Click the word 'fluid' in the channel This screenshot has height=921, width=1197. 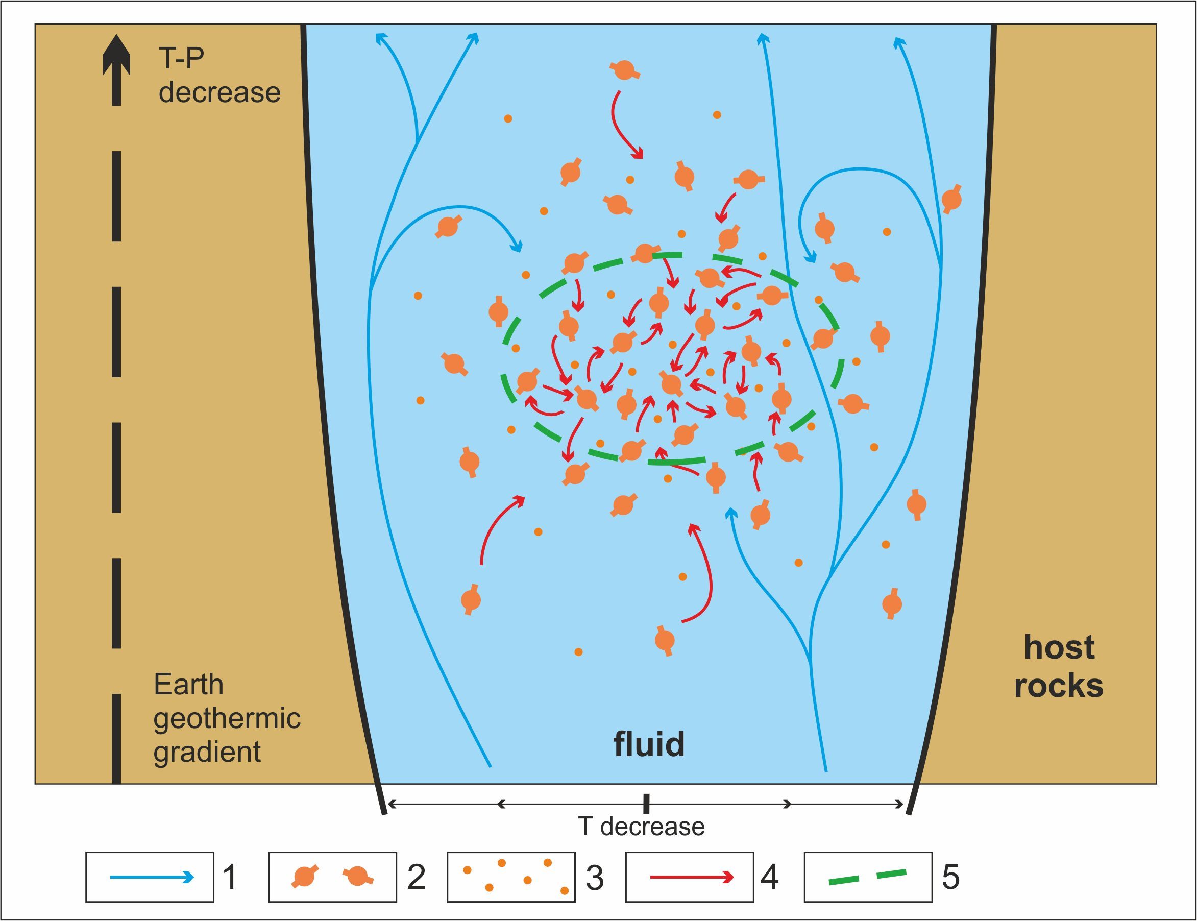pyautogui.click(x=649, y=744)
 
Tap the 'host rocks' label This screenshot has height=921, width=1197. pyautogui.click(x=1058, y=666)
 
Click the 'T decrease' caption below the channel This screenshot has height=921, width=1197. pyautogui.click(x=641, y=827)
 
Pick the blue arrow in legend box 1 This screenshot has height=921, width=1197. pyautogui.click(x=152, y=877)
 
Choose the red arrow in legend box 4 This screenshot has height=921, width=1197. pyautogui.click(x=692, y=877)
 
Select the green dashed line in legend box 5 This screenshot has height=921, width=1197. pyautogui.click(x=868, y=877)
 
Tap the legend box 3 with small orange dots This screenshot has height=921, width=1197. pyautogui.click(x=511, y=877)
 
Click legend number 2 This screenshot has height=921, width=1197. pyautogui.click(x=417, y=877)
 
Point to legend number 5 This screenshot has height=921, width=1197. pyautogui.click(x=951, y=877)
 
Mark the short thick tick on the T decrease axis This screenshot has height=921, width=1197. pyautogui.click(x=647, y=804)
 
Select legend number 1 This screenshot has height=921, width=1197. pyautogui.click(x=231, y=877)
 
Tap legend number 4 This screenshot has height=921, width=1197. pyautogui.click(x=770, y=877)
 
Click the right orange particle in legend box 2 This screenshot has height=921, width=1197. pyautogui.click(x=358, y=876)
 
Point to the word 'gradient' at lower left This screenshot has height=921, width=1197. pyautogui.click(x=207, y=752)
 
